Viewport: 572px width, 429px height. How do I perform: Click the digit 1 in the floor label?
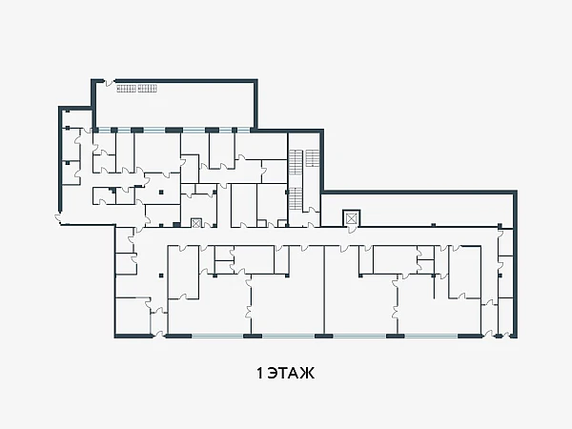coord(259,374)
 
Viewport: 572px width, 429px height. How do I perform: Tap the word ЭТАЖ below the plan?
coord(291,374)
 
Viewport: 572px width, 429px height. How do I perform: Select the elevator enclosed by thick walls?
coord(351,218)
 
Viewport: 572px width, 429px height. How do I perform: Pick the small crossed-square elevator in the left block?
coord(196,222)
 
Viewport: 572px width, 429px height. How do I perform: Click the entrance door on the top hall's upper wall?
coord(109,83)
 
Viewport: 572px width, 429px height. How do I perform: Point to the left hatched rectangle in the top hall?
coord(126,89)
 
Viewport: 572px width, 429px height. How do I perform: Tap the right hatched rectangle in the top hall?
coord(147,89)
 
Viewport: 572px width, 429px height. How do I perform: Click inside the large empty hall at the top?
coord(174,106)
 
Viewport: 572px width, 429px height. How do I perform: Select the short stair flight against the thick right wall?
coord(313,158)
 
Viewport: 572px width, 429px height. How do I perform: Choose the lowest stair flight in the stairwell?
coord(296,198)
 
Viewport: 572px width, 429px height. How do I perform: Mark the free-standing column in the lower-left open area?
coord(161,276)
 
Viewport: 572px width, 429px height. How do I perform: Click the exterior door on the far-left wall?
coord(58,217)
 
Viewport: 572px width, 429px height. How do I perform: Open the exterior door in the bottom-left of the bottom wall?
coord(159,334)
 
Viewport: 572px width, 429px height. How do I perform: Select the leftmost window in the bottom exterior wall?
coord(217,336)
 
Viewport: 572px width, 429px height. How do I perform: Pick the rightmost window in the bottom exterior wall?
coord(431,336)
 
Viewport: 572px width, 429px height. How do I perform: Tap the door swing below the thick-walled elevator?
coord(351,230)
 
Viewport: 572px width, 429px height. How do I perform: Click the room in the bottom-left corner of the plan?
coord(133,316)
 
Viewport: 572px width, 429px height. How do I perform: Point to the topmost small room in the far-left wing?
coord(71,118)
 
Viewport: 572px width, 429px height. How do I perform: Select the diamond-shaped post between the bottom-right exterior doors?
coord(499,337)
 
